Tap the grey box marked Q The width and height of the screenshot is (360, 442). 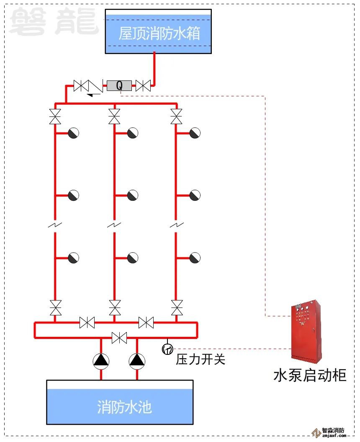(119, 86)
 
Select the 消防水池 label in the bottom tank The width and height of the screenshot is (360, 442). (124, 407)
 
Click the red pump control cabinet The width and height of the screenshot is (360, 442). (306, 331)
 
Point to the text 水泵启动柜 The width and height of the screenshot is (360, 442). (310, 375)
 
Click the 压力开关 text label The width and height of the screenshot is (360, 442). (201, 359)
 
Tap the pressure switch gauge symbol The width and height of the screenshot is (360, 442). (167, 349)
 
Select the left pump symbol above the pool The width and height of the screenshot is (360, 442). (101, 360)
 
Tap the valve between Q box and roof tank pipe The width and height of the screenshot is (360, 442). (143, 86)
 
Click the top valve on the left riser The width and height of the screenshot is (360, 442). (55, 116)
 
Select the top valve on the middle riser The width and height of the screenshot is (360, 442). (114, 116)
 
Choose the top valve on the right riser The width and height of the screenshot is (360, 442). (176, 116)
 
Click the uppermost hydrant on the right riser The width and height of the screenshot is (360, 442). (195, 133)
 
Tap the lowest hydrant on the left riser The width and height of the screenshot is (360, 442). (73, 258)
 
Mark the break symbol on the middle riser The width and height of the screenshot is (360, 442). (114, 225)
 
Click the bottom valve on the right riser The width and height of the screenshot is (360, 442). (177, 308)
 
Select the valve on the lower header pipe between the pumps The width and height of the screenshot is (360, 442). (119, 338)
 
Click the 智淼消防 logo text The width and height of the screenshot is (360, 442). (334, 431)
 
